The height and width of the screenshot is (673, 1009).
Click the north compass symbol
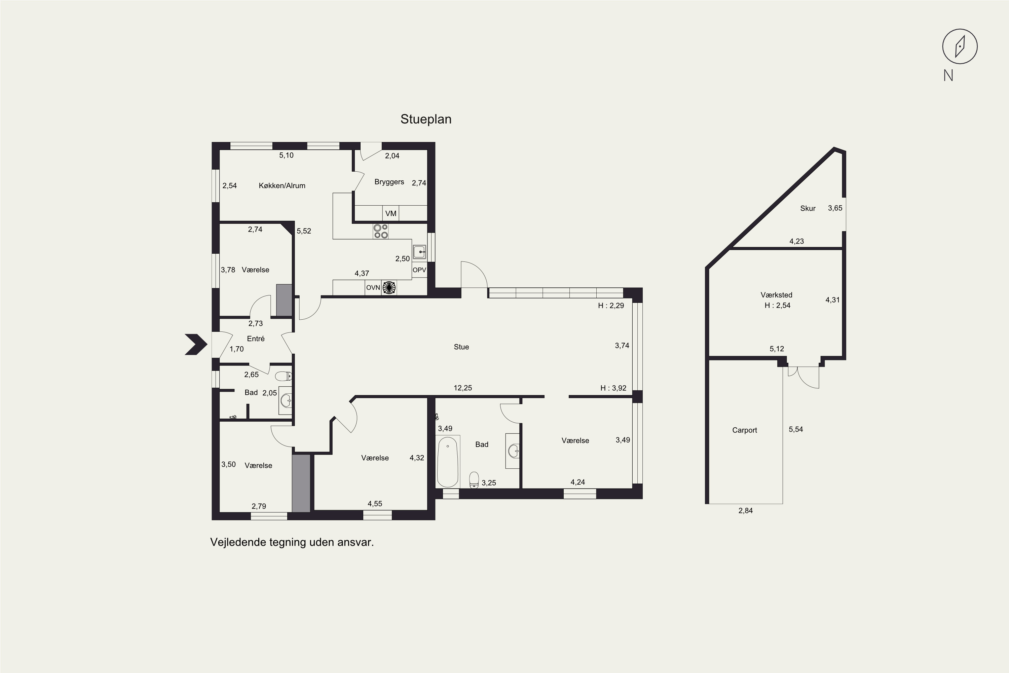(960, 46)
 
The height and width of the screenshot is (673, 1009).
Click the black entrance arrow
(196, 344)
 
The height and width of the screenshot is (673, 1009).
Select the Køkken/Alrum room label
(282, 185)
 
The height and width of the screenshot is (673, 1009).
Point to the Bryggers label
(389, 182)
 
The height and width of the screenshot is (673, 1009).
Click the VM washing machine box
(390, 213)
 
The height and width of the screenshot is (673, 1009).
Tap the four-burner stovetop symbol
(380, 232)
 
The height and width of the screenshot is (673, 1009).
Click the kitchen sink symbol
(419, 252)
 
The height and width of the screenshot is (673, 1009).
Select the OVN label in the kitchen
(373, 288)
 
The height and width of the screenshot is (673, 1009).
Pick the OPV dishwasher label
(419, 270)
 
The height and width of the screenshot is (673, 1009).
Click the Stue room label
(461, 347)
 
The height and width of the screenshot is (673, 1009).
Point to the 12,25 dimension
(462, 388)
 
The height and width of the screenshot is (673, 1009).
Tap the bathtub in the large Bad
(448, 461)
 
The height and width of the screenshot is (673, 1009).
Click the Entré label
(256, 339)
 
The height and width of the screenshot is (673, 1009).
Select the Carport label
(744, 430)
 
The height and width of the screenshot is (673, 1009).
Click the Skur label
(808, 209)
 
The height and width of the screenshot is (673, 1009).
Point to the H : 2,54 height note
(777, 306)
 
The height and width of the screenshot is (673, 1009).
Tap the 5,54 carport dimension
(796, 430)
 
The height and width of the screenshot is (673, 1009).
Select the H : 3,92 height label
(613, 388)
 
